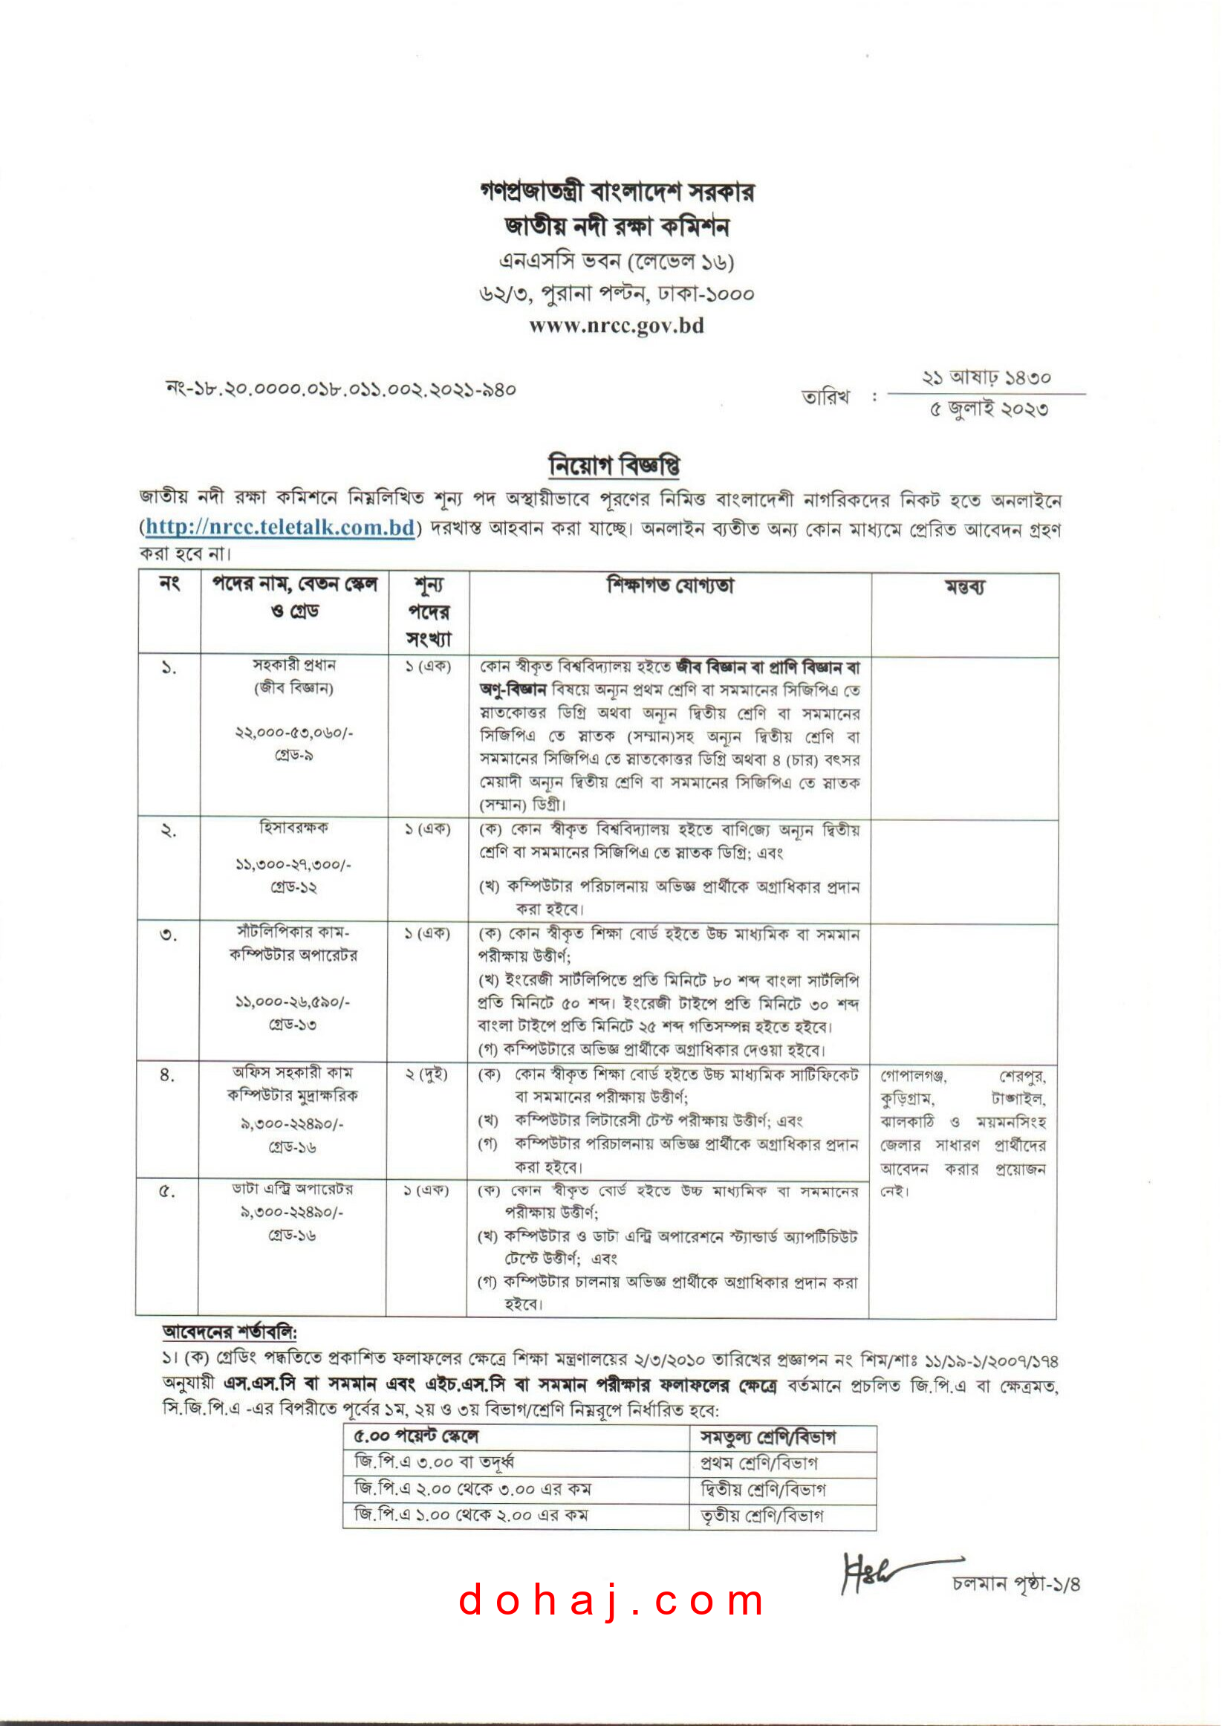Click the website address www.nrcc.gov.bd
617,325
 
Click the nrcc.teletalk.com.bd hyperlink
280,527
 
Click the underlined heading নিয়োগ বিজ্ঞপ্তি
615,466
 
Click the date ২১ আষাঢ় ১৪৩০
987,377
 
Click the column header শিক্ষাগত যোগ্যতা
670,585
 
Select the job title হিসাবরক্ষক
293,828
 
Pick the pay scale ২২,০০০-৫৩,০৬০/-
293,732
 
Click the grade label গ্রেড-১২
293,887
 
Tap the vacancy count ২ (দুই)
426,1074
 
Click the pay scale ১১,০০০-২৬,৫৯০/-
293,1002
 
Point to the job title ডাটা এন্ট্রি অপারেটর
292,1190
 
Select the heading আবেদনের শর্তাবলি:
230,1332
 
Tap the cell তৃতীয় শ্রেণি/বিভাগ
761,1515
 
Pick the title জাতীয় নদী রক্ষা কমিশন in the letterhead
617,227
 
